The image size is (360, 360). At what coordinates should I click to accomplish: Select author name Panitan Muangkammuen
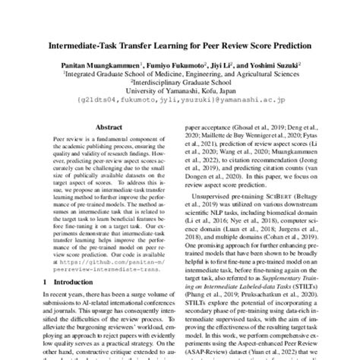point(101,67)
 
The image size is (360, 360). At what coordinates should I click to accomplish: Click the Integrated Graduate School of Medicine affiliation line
point(180,76)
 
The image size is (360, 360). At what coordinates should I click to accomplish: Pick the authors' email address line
point(180,103)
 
